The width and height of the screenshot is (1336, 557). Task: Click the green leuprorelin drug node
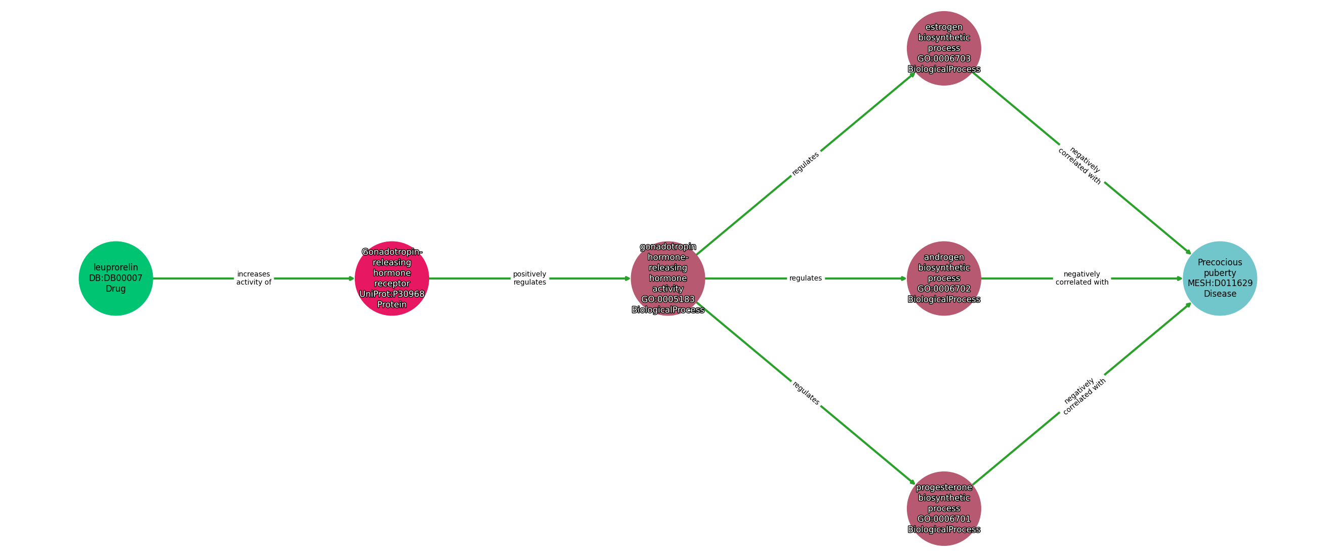click(x=116, y=278)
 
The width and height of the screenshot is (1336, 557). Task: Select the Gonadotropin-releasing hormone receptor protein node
click(x=392, y=278)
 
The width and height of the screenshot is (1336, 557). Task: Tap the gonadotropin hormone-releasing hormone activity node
click(x=667, y=278)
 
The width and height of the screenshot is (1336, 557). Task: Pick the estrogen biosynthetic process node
click(x=943, y=48)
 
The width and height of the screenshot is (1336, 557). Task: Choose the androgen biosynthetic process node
click(x=943, y=278)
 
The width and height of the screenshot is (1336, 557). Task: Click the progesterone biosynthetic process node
click(x=943, y=508)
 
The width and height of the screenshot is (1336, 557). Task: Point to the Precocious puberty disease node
click(x=1220, y=278)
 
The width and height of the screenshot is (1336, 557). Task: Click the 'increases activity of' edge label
click(x=254, y=278)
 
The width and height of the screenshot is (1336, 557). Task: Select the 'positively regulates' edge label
click(x=529, y=278)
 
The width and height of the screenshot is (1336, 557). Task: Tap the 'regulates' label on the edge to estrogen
click(x=806, y=164)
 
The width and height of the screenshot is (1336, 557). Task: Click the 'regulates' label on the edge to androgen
click(x=806, y=278)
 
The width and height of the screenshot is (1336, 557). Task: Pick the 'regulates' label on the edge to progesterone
click(x=806, y=393)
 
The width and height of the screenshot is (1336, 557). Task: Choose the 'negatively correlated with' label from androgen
click(x=1082, y=278)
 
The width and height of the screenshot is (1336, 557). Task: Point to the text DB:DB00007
click(x=116, y=278)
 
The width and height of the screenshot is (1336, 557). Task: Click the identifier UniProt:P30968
click(x=392, y=294)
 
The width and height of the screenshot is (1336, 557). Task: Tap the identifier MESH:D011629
click(x=1220, y=284)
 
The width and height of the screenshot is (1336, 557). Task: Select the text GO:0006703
click(x=943, y=59)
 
